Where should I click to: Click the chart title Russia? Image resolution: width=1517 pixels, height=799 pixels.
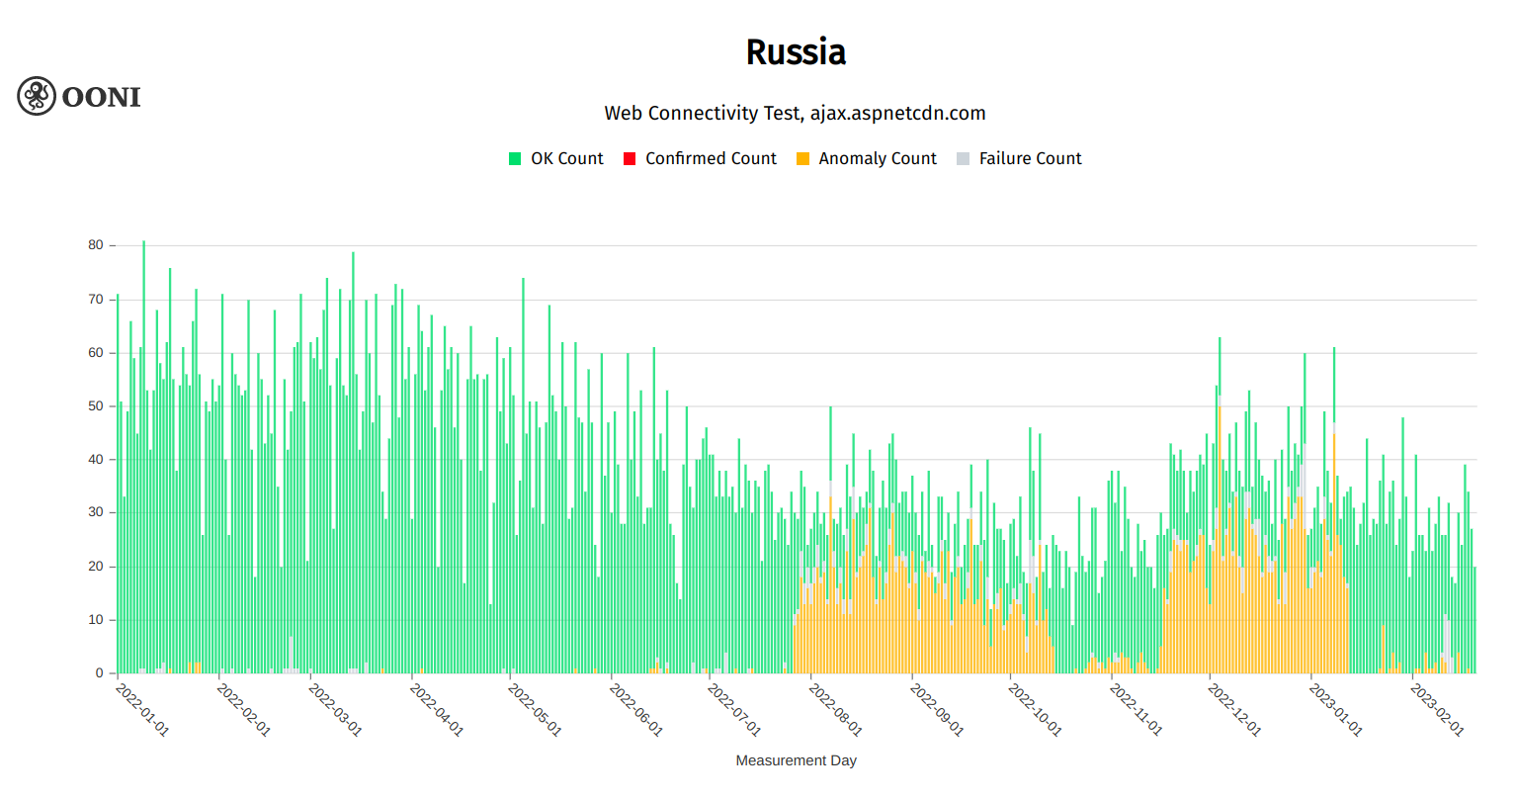point(796,52)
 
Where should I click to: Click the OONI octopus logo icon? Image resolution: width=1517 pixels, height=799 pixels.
point(37,96)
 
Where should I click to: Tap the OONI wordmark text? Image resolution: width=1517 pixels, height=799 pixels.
point(101,97)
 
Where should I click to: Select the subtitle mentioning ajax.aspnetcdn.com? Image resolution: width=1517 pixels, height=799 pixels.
point(796,113)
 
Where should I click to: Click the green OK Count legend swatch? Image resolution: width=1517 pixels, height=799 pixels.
point(515,159)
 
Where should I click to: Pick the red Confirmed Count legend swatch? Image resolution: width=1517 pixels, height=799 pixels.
point(630,159)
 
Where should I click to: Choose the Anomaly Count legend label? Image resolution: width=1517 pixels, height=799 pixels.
point(878,158)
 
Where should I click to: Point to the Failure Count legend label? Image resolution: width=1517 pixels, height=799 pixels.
point(1030,158)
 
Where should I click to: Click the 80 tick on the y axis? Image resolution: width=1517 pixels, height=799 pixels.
point(96,245)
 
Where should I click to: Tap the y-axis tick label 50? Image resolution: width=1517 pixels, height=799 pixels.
point(96,406)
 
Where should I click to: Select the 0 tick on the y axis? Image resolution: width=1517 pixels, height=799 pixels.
point(100,673)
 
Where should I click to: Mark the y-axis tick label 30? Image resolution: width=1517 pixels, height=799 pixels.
point(96,513)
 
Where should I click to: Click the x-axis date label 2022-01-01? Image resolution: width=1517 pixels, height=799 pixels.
point(142,709)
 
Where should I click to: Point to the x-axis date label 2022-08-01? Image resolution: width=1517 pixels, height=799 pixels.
point(835,709)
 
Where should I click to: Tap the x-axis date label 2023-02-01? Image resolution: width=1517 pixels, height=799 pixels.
point(1436,709)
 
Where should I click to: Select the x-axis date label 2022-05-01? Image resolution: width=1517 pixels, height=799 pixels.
point(535,709)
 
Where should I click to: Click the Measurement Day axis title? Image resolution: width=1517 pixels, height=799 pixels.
point(796,760)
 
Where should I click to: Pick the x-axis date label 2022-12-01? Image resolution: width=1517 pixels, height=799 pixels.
point(1234,709)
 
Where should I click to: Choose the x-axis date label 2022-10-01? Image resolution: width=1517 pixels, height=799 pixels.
point(1035,709)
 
